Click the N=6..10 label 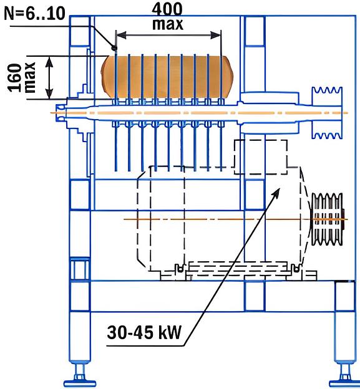[x=34, y=14]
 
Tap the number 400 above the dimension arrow [x=167, y=9]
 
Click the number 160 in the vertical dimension [x=14, y=78]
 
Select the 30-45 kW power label [x=144, y=332]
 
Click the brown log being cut [x=167, y=77]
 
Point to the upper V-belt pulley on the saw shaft [x=327, y=113]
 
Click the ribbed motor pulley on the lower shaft [x=328, y=219]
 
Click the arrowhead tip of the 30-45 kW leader [x=280, y=188]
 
